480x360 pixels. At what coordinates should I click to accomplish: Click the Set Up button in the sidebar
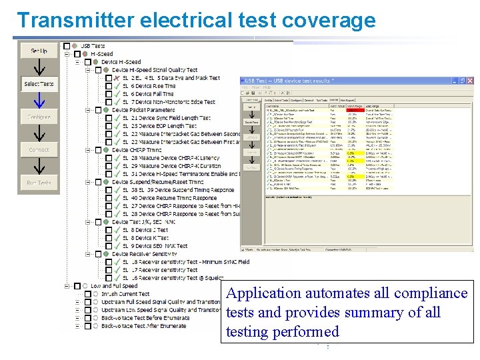[39, 51]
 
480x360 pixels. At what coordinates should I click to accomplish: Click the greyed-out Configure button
[39, 117]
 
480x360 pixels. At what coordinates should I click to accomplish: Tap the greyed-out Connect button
[39, 150]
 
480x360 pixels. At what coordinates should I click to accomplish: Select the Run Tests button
[39, 183]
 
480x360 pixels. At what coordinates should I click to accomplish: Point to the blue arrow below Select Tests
[39, 100]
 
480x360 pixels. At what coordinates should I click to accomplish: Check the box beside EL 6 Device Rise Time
[109, 86]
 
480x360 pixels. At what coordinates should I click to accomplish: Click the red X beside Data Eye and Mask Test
[117, 78]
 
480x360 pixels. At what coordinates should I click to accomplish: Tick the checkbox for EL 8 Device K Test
[109, 238]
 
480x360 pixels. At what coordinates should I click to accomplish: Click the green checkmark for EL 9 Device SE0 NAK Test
[117, 246]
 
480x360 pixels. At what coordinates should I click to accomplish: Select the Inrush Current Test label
[125, 294]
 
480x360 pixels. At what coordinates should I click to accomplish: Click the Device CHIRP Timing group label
[137, 150]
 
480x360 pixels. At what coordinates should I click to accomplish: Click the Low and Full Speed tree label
[114, 286]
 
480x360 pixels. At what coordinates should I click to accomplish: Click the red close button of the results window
[470, 81]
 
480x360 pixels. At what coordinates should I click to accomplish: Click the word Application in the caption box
[264, 293]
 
